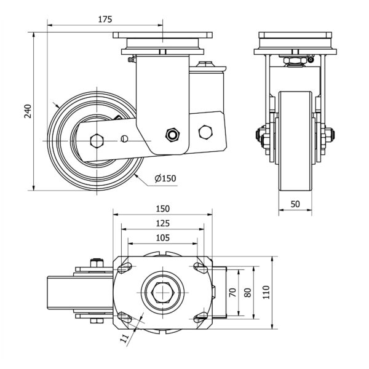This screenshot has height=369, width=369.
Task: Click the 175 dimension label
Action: point(105,19)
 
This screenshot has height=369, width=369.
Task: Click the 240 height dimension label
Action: point(26,111)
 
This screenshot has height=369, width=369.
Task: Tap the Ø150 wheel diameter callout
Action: point(165,178)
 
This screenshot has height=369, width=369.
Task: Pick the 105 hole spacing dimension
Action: point(162,237)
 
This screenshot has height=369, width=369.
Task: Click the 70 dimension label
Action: point(232,293)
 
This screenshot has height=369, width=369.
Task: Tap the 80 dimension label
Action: point(248,293)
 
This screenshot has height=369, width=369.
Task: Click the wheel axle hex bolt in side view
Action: point(97,140)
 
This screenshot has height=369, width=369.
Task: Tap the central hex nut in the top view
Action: point(162,293)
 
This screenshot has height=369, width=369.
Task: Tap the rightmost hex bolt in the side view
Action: point(205,132)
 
